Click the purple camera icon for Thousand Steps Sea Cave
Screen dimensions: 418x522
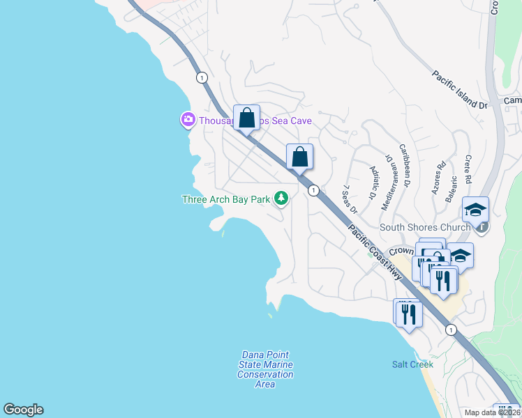coord(188,121)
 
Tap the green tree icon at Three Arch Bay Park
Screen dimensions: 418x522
coord(282,199)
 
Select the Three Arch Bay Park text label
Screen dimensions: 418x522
coord(225,200)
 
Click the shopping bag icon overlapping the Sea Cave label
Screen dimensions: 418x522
coord(246,118)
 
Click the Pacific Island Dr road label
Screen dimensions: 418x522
coord(459,90)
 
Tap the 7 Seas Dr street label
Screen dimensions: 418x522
coord(350,199)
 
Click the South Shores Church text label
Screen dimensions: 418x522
coord(425,227)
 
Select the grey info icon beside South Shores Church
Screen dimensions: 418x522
coord(480,227)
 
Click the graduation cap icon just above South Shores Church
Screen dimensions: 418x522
coord(475,209)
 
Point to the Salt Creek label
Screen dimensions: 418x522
coord(412,364)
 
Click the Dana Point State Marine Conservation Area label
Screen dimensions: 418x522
coord(265,369)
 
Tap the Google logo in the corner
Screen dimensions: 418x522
coord(23,410)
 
